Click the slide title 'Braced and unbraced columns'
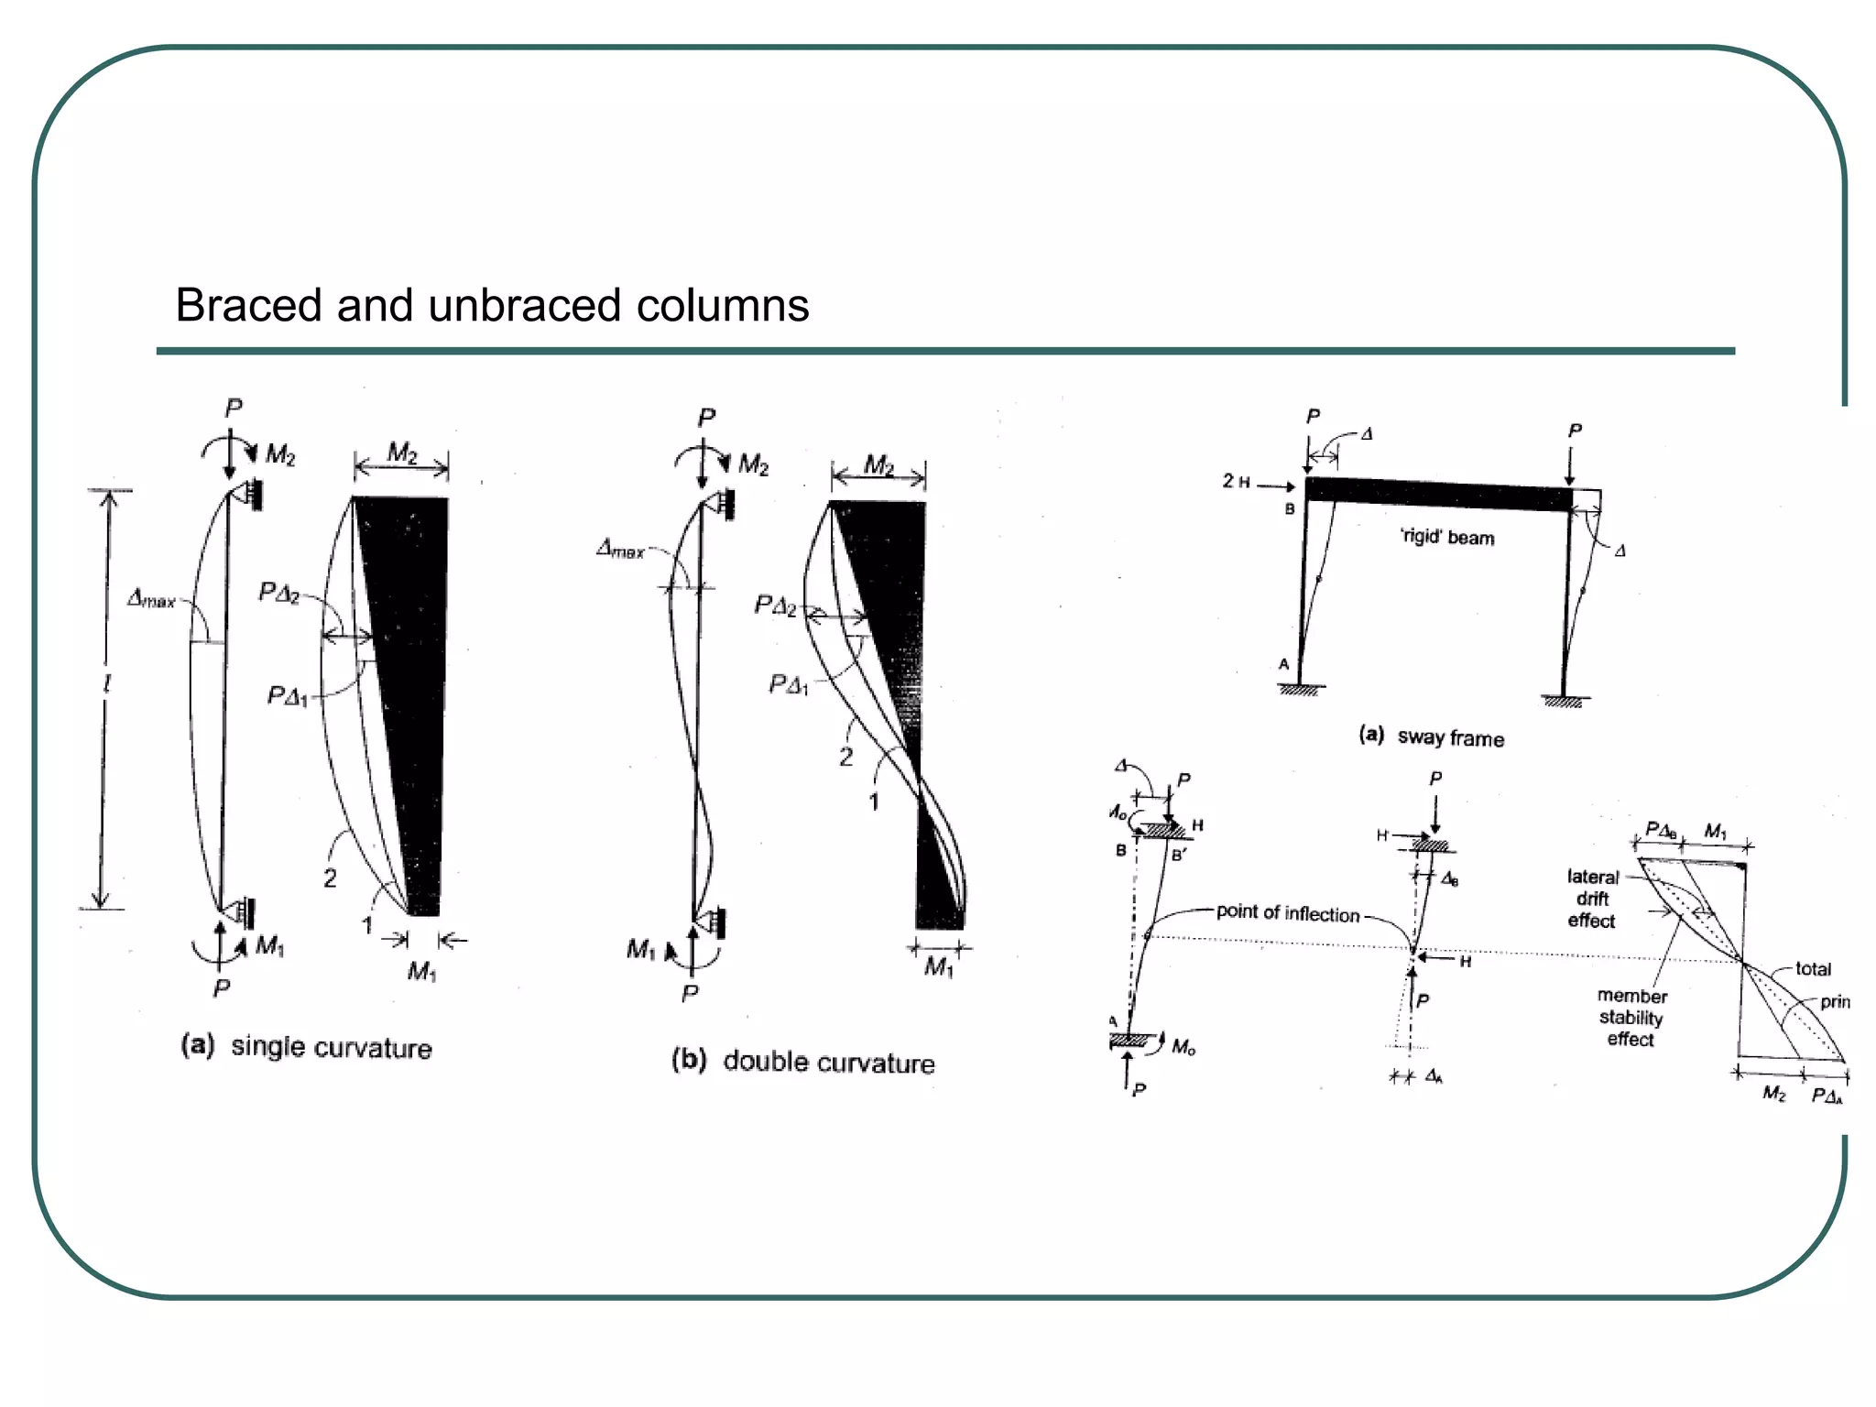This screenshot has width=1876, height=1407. [492, 305]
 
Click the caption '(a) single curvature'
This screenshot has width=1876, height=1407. [306, 1046]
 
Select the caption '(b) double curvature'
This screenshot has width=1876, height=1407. [802, 1062]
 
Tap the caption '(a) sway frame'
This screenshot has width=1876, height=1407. [1431, 736]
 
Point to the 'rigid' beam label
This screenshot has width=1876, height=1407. [1446, 537]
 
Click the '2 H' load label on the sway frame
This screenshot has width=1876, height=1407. [1236, 481]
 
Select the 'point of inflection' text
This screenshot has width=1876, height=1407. [1287, 912]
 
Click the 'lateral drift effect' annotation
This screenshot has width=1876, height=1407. [1592, 899]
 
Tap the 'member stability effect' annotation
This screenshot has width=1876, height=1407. [1631, 1017]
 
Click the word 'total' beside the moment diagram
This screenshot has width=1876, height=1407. [1813, 968]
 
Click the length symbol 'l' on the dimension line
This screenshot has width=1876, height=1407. [106, 683]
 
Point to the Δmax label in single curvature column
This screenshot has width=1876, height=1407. [151, 600]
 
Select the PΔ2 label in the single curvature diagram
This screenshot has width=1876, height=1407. [278, 593]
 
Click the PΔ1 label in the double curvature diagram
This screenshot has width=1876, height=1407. [789, 684]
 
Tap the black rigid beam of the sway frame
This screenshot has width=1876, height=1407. [1438, 494]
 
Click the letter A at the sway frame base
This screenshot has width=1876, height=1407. [1283, 664]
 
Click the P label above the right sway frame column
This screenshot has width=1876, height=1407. [1575, 431]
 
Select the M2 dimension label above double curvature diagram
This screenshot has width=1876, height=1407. [878, 465]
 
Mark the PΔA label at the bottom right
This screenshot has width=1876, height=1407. [1827, 1096]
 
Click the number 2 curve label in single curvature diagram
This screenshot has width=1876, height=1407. [330, 878]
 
